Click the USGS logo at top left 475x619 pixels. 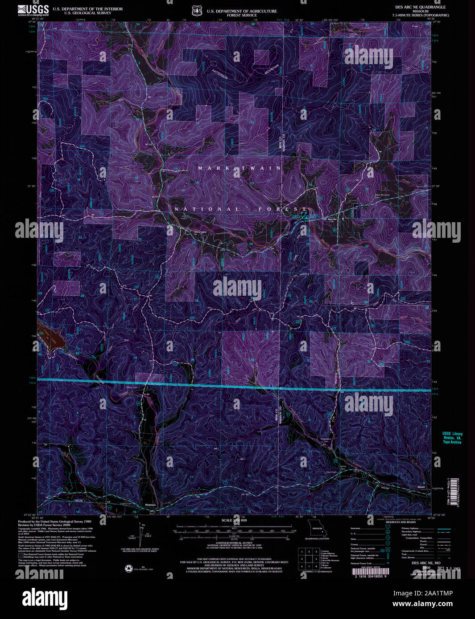click(x=33, y=10)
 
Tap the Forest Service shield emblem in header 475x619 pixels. click(x=196, y=10)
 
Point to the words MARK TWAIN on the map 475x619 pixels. click(x=240, y=168)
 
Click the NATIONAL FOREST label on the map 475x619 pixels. click(x=240, y=209)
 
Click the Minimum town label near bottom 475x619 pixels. click(x=151, y=505)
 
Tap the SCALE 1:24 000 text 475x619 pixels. click(x=234, y=520)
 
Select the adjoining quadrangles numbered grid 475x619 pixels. click(x=308, y=558)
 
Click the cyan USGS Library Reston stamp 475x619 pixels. click(x=452, y=438)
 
